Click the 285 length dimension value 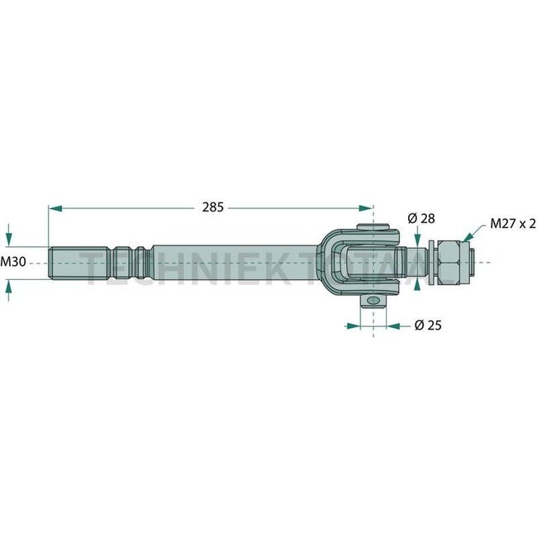pyautogui.click(x=212, y=208)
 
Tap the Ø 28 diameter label pyautogui.click(x=421, y=218)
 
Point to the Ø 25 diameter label pyautogui.click(x=426, y=326)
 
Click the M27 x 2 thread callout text pyautogui.click(x=512, y=223)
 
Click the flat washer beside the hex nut pyautogui.click(x=430, y=263)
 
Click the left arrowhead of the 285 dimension pyautogui.click(x=54, y=209)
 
